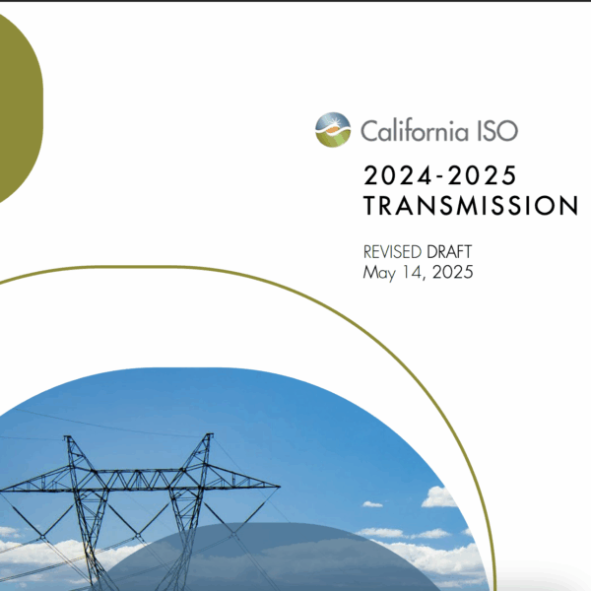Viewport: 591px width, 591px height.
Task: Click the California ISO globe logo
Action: tap(333, 130)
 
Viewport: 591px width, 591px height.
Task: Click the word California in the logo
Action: tap(415, 130)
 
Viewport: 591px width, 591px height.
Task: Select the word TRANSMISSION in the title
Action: tap(471, 206)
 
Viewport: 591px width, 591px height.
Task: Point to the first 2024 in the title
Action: tap(397, 175)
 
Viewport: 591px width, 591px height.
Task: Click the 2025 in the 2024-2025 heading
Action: tap(482, 175)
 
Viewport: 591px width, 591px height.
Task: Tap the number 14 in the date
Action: tap(412, 272)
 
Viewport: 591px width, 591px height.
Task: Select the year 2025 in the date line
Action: tap(453, 272)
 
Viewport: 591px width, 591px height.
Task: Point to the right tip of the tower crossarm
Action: tap(280, 487)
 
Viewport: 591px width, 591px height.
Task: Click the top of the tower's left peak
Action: tap(68, 437)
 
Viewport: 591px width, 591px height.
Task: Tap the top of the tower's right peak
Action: tap(209, 435)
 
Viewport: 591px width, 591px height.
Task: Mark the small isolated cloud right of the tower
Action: tap(372, 504)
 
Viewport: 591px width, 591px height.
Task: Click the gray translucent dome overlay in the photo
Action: tap(264, 558)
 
